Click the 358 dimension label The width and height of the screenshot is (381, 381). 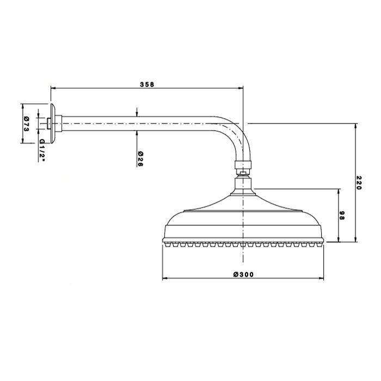(147, 84)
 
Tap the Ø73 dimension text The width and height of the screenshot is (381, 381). (27, 124)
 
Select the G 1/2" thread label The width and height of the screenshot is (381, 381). (42, 150)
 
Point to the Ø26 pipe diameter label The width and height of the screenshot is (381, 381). (140, 159)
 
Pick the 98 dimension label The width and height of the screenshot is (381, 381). (342, 216)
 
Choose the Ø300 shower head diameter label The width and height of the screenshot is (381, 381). (243, 274)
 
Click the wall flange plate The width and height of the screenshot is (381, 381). (53, 124)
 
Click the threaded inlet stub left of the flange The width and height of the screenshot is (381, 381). (48, 124)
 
